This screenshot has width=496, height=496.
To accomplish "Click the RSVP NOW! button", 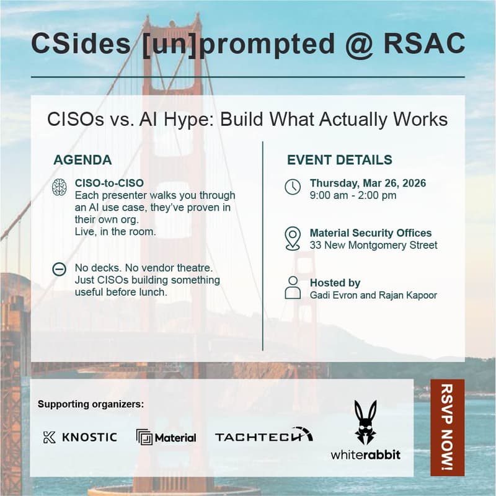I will pyautogui.click(x=447, y=427).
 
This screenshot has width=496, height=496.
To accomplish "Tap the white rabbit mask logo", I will pyautogui.click(x=365, y=422).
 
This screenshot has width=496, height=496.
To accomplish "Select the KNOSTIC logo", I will pyautogui.click(x=80, y=437).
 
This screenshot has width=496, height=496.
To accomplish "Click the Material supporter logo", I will pyautogui.click(x=166, y=437).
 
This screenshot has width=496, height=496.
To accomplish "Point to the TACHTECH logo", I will pyautogui.click(x=263, y=436).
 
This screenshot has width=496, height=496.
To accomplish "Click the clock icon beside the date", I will pyautogui.click(x=293, y=187).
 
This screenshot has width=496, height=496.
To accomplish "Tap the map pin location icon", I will pyautogui.click(x=293, y=239).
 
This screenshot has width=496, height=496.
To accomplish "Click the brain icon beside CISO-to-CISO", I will pyautogui.click(x=60, y=187).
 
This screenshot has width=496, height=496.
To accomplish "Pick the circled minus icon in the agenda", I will pyautogui.click(x=60, y=269).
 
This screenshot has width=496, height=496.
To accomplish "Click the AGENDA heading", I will pyautogui.click(x=82, y=160).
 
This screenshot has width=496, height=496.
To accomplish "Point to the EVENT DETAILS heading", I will pyautogui.click(x=339, y=160).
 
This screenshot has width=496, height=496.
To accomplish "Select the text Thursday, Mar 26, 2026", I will pyautogui.click(x=368, y=184).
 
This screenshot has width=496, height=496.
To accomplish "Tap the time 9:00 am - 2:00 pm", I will pyautogui.click(x=353, y=195).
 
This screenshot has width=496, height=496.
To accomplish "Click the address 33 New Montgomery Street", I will pyautogui.click(x=373, y=245).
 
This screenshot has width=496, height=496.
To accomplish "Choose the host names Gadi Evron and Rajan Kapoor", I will pyautogui.click(x=373, y=295).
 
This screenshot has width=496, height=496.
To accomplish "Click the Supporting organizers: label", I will pyautogui.click(x=91, y=404).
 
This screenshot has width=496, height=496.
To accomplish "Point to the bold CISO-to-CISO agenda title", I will pyautogui.click(x=109, y=184).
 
